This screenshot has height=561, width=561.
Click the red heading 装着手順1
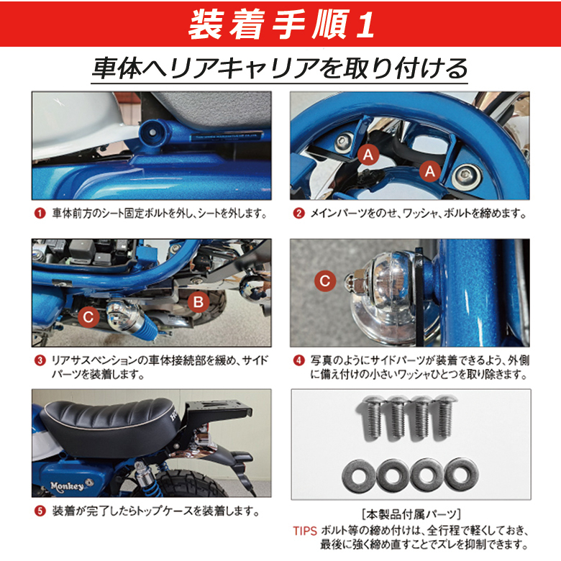pos(281,24)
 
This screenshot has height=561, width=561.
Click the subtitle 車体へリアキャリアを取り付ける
pos(280,68)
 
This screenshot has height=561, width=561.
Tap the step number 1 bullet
pos(40,214)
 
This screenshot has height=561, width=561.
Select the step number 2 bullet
pos(298,214)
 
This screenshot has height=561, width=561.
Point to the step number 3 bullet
pos(40,360)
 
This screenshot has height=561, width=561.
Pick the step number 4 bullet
pos(298,360)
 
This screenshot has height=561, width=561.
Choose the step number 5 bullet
pos(40,511)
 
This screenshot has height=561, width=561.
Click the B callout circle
pos(199,301)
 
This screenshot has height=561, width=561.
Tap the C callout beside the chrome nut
pos(325,280)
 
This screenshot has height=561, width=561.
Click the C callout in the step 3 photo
pos(88,316)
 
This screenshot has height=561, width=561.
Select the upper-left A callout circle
pos(368,155)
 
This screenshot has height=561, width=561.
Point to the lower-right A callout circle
pos(429,170)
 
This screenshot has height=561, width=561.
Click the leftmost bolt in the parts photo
pos(373,417)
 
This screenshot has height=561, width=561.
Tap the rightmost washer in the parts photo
pos(462,475)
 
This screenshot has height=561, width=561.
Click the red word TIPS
pos(305,531)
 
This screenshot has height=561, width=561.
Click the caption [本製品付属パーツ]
pos(411,514)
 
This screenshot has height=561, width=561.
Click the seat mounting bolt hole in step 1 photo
pos(152,132)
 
